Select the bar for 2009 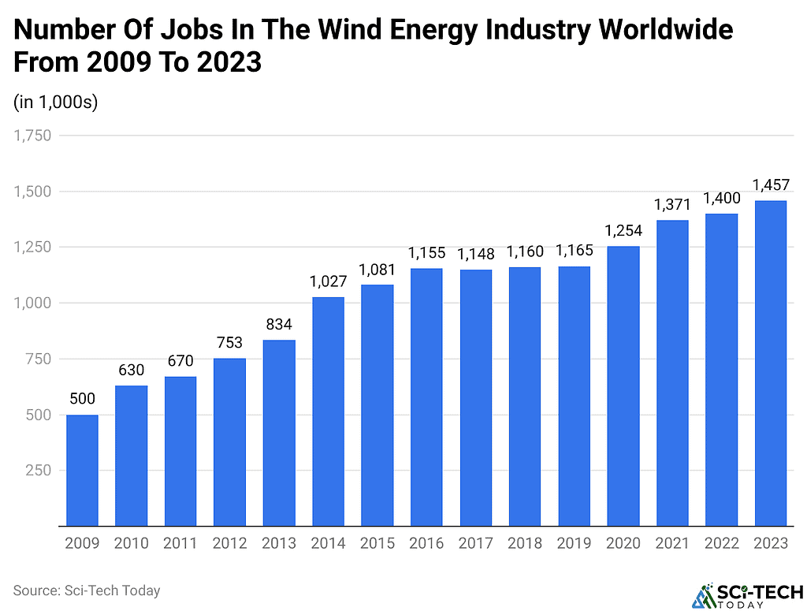(82, 470)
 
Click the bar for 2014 (328, 411)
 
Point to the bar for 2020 (623, 386)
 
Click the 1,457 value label (771, 185)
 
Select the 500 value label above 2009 (82, 399)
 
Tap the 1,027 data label (328, 281)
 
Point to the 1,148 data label (475, 254)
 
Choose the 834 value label (279, 324)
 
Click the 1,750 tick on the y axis (32, 136)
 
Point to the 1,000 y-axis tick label (32, 303)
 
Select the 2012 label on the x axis (229, 543)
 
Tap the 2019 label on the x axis (574, 543)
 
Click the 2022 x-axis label (721, 543)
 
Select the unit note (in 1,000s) (55, 102)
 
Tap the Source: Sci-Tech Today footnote (86, 590)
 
